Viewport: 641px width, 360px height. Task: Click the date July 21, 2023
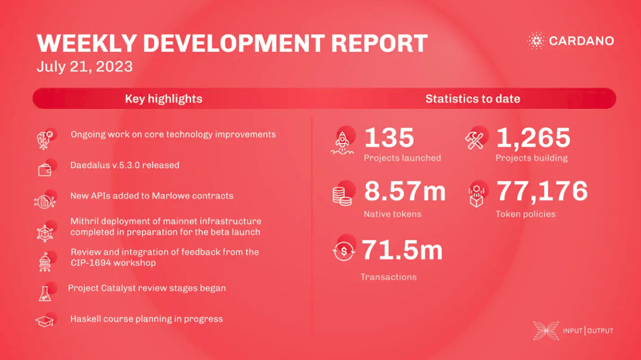click(85, 67)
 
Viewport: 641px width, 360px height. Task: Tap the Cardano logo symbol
click(536, 41)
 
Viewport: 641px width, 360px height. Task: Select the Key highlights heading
click(163, 99)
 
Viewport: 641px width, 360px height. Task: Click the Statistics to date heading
click(472, 99)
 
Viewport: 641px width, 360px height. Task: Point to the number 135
click(389, 137)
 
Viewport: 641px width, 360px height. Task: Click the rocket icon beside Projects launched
click(342, 143)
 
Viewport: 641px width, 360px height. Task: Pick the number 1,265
click(533, 137)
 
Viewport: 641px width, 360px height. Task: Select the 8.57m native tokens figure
click(404, 191)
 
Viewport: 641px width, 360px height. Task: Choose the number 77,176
click(542, 191)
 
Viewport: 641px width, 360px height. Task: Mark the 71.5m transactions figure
click(403, 250)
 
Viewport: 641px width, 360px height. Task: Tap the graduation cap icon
click(45, 322)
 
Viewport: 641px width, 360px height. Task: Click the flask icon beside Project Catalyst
click(45, 294)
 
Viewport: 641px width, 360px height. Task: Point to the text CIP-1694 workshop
click(113, 263)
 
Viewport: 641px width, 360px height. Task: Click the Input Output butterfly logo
click(545, 331)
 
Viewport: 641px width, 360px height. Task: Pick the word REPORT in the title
click(379, 44)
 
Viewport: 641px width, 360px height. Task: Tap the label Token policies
click(526, 214)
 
